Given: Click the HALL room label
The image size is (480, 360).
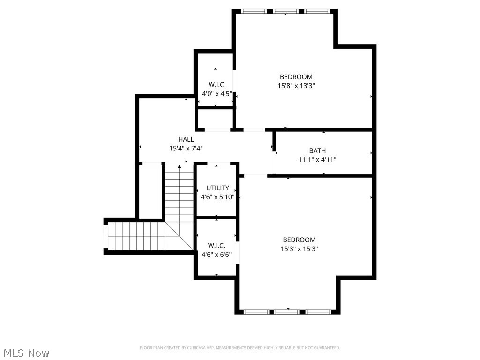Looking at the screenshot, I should click(186, 139).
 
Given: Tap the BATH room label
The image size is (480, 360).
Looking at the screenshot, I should click(317, 150).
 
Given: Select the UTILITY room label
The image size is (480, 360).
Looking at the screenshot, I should click(217, 188).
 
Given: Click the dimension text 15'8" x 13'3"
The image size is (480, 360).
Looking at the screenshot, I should click(296, 86).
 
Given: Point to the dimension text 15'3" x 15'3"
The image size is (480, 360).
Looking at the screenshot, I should click(299, 249).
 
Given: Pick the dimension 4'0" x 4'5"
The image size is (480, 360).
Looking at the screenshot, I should click(217, 94).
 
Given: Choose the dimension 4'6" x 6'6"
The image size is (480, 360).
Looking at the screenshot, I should click(217, 255).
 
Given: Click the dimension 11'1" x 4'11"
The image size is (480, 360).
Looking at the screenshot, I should click(317, 159).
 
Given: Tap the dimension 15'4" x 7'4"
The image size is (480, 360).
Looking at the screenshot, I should click(186, 148).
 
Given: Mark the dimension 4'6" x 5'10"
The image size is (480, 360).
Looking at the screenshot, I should click(217, 197).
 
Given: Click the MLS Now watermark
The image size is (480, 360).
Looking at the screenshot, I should click(26, 352).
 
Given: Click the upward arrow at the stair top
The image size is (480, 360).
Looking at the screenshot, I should click(180, 166).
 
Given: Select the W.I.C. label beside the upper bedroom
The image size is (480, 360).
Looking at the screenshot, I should click(217, 85).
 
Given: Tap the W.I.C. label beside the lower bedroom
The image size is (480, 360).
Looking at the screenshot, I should click(217, 246).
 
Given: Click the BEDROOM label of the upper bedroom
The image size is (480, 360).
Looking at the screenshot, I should click(296, 77).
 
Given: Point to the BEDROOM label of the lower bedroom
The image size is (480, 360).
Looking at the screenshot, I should click(299, 240).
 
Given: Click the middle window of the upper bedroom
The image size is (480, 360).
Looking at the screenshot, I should click(286, 11).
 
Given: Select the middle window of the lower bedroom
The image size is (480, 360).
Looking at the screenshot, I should click(287, 311).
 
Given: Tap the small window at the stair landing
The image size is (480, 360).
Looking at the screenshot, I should click(105, 236).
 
